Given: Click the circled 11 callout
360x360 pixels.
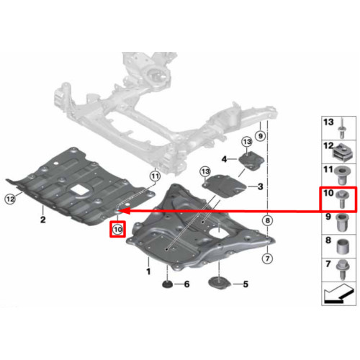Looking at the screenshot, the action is tap(155, 176).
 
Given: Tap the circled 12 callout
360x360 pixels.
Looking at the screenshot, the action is tap(10, 199).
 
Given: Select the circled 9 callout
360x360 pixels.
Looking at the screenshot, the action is tap(261, 136).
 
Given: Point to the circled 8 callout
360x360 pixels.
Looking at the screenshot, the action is tap(268, 220).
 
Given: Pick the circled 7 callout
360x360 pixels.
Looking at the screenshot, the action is tap(267, 258).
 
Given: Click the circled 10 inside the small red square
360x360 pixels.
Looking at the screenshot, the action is tap(117, 230).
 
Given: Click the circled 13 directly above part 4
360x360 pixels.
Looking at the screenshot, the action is tap(247, 142).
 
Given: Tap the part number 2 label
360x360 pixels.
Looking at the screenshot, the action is tap(43, 220).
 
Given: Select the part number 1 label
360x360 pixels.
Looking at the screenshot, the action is tap(148, 271).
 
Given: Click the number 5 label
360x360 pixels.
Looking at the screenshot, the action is tap(246, 284).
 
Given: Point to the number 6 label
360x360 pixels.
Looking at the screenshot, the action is tap(186, 284).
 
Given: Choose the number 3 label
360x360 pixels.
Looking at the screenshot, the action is tap(261, 186).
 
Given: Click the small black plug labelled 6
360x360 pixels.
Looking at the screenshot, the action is tap(168, 284).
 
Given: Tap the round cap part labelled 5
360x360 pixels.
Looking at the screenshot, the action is tap(219, 283).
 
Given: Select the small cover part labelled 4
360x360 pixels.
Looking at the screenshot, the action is tap(251, 161).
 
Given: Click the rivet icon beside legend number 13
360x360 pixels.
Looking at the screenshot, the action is tap(342, 129).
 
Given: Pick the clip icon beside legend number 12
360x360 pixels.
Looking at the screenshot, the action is tap(342, 153).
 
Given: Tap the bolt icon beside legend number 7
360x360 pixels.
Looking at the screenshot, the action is tap(343, 270).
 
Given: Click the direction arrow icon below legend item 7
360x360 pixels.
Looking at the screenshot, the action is tap(338, 293).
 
